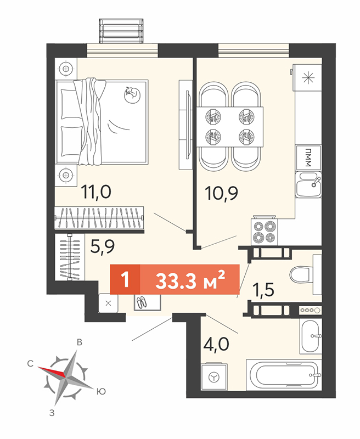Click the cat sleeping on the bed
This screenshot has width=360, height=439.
click(x=132, y=94)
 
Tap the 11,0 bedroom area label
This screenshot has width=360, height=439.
click(x=96, y=192)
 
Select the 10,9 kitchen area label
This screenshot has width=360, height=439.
click(x=221, y=193)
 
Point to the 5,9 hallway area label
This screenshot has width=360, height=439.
click(x=103, y=246)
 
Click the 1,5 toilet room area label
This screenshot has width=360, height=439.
click(x=263, y=289)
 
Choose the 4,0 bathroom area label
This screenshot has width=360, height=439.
click(x=216, y=344)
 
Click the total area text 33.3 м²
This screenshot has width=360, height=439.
click(x=190, y=280)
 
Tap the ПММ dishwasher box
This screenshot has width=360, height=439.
click(x=308, y=157)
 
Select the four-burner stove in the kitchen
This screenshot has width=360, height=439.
click(x=265, y=231)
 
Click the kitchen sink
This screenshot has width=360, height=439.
click(x=308, y=185)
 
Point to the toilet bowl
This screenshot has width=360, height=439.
click(x=301, y=275)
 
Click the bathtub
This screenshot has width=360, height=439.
click(x=284, y=375)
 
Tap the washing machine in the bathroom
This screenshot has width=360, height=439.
click(x=215, y=376)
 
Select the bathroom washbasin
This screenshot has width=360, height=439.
click(x=311, y=336)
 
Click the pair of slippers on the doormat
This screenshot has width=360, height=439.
click(x=142, y=302)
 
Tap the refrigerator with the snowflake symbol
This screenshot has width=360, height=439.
click(x=307, y=77)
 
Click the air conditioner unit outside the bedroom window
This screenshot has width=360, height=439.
click(x=121, y=31)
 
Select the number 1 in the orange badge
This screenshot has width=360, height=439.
click(x=125, y=279)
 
